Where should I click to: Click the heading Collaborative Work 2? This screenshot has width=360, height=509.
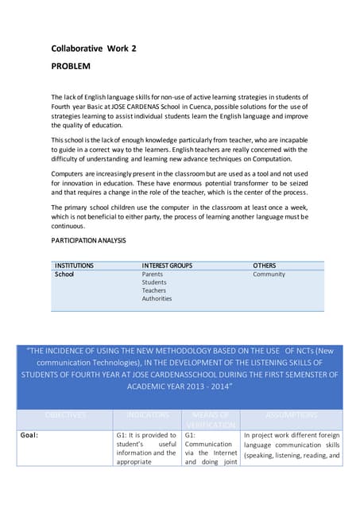click(x=94, y=49)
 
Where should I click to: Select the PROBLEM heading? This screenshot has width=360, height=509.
click(x=71, y=66)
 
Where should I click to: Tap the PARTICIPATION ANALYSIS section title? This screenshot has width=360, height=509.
click(x=88, y=240)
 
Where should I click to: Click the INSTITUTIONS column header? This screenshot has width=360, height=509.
click(x=74, y=265)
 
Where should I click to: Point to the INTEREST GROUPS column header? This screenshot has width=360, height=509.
click(x=167, y=265)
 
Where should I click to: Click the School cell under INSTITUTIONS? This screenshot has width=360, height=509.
click(x=64, y=274)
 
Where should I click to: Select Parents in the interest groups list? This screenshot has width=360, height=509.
click(x=153, y=274)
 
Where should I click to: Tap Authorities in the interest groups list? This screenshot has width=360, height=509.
click(x=157, y=298)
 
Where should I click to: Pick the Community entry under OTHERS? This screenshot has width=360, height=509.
click(x=269, y=274)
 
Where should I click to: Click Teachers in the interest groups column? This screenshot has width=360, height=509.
click(x=154, y=290)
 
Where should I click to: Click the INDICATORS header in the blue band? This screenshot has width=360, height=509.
click(x=148, y=415)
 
